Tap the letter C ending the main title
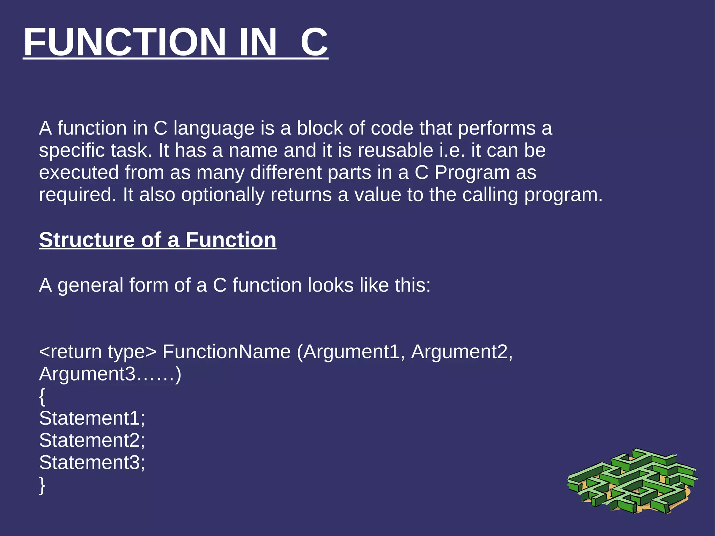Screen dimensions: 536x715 point(314,42)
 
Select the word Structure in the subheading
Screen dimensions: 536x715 point(87,240)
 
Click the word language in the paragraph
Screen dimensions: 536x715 point(214,129)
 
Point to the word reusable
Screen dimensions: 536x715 point(395,151)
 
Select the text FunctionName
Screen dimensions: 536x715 point(227,352)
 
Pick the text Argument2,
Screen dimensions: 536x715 point(462,352)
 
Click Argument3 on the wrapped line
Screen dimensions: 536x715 point(87,374)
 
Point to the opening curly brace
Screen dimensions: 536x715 point(42,397)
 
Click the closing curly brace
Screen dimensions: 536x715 point(42,485)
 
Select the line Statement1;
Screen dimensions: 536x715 point(92,418)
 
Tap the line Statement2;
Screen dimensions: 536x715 point(92,440)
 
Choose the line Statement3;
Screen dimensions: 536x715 point(92,463)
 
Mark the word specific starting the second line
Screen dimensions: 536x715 point(72,151)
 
